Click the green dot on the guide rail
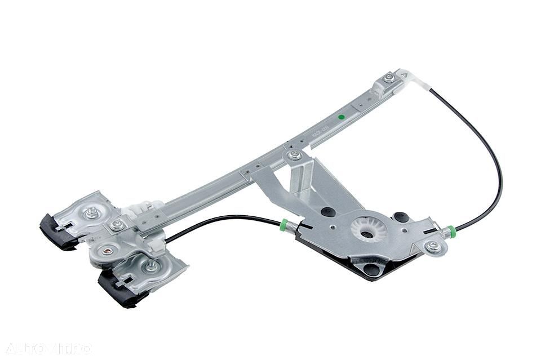click(x=340, y=118)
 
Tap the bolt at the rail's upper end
click(x=389, y=78)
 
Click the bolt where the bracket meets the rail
click(x=295, y=155)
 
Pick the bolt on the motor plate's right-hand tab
click(x=433, y=246)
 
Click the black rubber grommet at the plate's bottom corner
click(x=371, y=269)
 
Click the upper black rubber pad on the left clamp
click(x=57, y=230)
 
